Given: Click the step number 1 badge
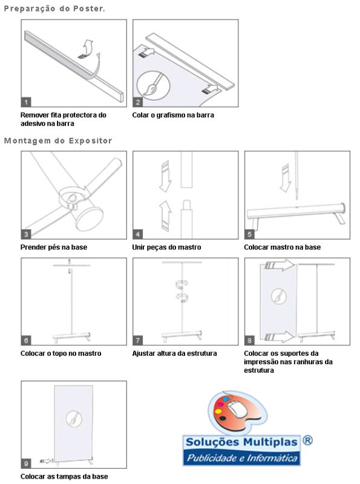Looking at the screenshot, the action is click(x=26, y=102).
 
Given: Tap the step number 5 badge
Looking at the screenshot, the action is click(x=249, y=234).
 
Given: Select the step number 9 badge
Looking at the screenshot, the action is click(x=26, y=463).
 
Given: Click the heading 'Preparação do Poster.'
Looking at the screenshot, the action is click(x=54, y=8).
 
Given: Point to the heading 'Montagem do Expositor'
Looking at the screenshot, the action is click(x=58, y=141).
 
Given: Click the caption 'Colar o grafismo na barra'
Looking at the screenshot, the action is click(x=173, y=115).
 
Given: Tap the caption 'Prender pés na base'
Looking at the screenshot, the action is click(x=54, y=247).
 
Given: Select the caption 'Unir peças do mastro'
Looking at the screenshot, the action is click(x=167, y=247).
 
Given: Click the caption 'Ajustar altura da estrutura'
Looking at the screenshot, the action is click(x=174, y=353).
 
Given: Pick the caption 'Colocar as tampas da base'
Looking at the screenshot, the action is click(x=64, y=477).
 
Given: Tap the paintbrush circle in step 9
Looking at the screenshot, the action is click(x=74, y=419).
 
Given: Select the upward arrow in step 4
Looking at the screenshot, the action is click(x=165, y=216).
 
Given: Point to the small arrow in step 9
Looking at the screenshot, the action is click(x=47, y=461).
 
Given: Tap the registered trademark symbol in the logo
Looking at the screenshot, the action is click(x=307, y=440).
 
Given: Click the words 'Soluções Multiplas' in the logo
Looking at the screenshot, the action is click(x=241, y=442).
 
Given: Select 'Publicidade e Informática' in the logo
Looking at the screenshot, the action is click(x=242, y=458).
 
